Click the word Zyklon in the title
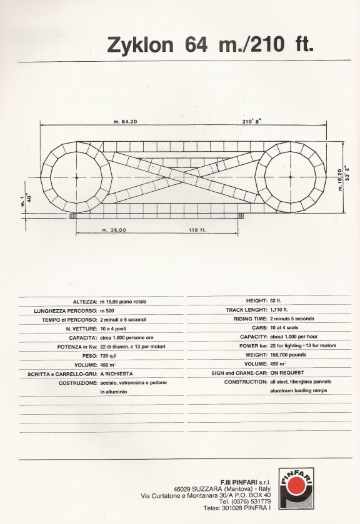click(140, 45)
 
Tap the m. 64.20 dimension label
click(125, 122)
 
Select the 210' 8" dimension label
click(252, 121)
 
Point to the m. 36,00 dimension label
click(114, 230)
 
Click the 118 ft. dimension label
click(197, 230)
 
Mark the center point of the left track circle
click(77, 177)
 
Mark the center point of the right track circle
click(290, 177)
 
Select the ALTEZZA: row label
click(85, 302)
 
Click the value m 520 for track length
click(107, 311)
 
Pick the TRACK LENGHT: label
click(247, 310)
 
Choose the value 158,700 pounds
click(288, 355)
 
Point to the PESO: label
click(89, 355)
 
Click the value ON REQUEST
click(287, 373)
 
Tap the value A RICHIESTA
click(116, 373)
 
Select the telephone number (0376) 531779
click(249, 502)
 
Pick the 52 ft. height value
click(276, 301)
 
